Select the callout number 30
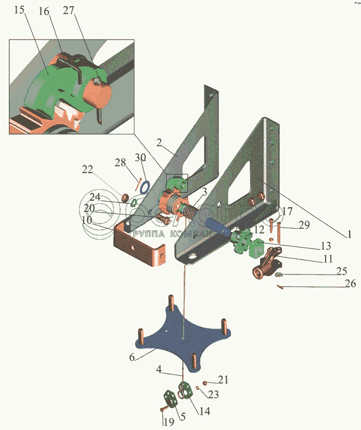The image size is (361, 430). point(140,157)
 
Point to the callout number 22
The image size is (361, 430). point(87,170)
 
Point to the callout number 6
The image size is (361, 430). point(132,358)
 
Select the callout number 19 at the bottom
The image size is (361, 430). point(166,423)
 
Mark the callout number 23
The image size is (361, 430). point(213,395)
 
